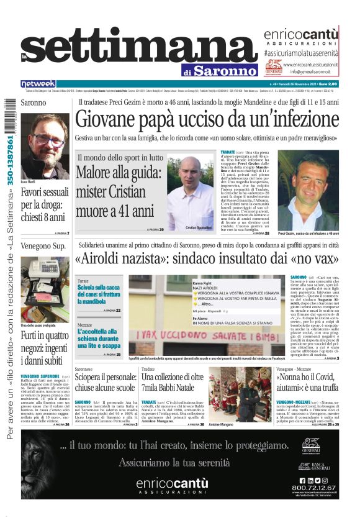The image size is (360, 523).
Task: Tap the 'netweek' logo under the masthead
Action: click(38, 83)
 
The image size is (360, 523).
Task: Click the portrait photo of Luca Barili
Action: click(44, 141)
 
